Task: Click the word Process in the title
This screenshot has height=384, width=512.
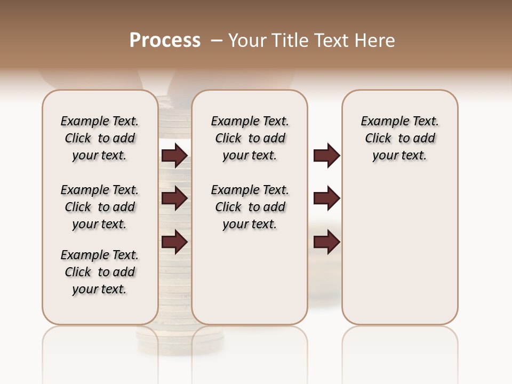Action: (x=165, y=40)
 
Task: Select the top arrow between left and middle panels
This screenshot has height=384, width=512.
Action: (x=174, y=156)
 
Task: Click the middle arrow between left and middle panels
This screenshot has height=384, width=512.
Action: (x=174, y=198)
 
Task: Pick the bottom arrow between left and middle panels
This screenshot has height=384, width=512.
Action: (x=174, y=242)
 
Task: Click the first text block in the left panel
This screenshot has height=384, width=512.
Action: (x=100, y=138)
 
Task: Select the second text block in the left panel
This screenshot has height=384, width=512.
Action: (x=100, y=207)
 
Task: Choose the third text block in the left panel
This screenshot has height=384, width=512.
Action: (x=100, y=272)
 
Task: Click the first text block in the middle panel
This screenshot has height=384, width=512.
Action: (x=250, y=138)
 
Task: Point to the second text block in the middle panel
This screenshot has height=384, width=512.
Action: (x=250, y=207)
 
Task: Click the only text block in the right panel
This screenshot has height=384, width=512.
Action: (x=399, y=138)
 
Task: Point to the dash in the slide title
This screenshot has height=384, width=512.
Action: (x=217, y=40)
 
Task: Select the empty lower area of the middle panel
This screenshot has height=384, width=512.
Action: (x=250, y=277)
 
